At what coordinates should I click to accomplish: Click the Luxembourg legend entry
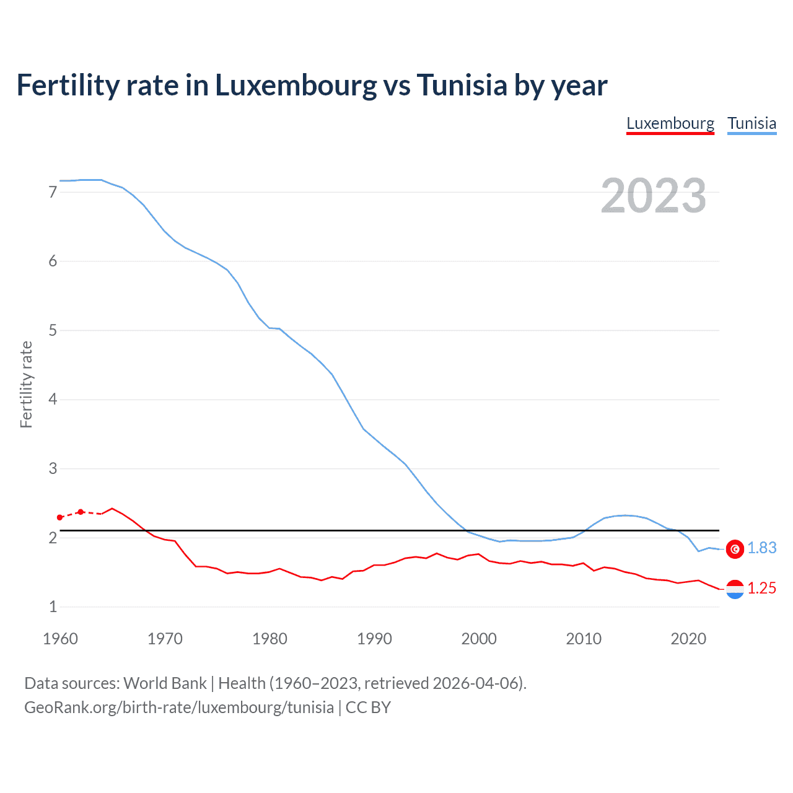tap(670, 123)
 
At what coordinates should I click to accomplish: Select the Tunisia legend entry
tap(751, 123)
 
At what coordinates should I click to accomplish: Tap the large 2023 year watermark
tap(654, 196)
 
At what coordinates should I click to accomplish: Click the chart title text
tap(312, 85)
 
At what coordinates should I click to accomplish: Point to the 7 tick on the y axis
tap(53, 192)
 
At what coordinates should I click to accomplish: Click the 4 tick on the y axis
tap(53, 399)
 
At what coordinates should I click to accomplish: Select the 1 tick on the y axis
tap(53, 607)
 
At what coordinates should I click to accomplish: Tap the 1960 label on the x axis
tap(60, 639)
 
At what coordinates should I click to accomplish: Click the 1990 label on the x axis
tap(374, 639)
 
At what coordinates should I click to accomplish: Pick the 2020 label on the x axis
tap(688, 639)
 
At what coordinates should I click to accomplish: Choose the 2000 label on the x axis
tap(479, 639)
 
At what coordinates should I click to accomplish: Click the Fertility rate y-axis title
tap(26, 384)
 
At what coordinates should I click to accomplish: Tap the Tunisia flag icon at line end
tap(735, 549)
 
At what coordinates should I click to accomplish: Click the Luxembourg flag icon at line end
tap(735, 589)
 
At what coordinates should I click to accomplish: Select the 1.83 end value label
tap(761, 548)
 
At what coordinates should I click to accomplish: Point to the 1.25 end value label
tap(761, 589)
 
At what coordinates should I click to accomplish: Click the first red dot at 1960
tap(59, 517)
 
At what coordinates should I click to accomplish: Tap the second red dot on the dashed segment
tap(81, 512)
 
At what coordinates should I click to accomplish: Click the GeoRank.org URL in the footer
tap(179, 708)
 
